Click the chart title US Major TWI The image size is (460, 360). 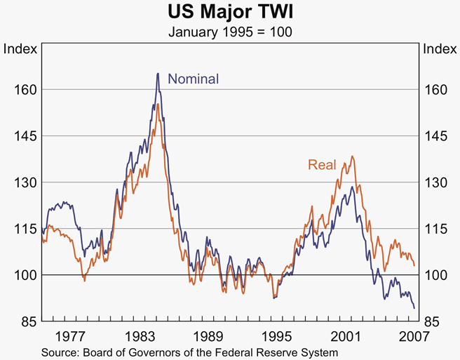pyautogui.click(x=230, y=12)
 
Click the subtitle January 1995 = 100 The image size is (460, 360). pyautogui.click(x=230, y=32)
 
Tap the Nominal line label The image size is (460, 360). pyautogui.click(x=194, y=79)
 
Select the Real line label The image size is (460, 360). pyautogui.click(x=321, y=165)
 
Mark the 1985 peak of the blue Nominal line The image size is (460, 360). pyautogui.click(x=158, y=73)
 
